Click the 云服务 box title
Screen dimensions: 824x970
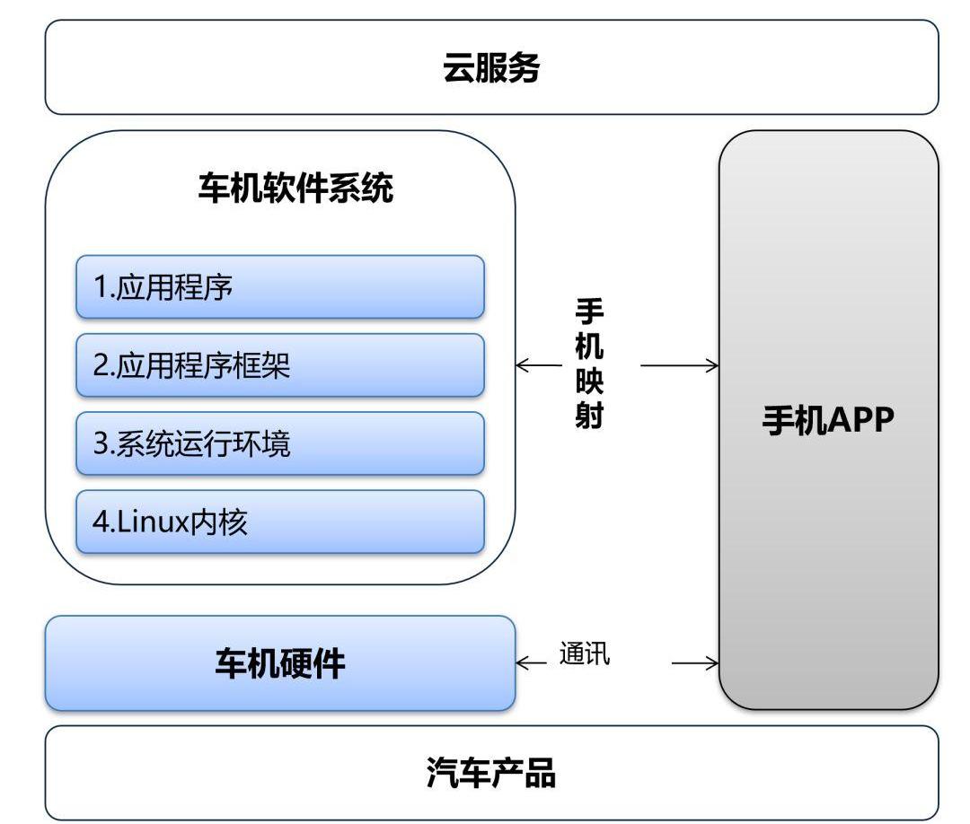click(491, 68)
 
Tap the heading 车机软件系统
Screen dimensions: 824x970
click(295, 189)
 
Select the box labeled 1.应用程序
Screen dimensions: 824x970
click(279, 287)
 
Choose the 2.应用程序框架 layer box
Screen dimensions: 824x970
click(279, 365)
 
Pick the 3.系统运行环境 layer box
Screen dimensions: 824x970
click(279, 443)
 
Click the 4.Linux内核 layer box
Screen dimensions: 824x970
click(279, 522)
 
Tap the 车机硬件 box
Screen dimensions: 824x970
click(279, 663)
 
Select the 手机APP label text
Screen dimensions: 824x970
click(828, 420)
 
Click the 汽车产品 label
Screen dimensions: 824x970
click(491, 773)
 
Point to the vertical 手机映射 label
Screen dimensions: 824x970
click(589, 364)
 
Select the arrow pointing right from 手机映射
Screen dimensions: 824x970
click(680, 365)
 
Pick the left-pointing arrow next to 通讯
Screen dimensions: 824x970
click(532, 664)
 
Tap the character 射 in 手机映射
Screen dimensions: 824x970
click(589, 416)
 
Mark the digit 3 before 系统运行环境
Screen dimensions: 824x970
click(100, 444)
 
